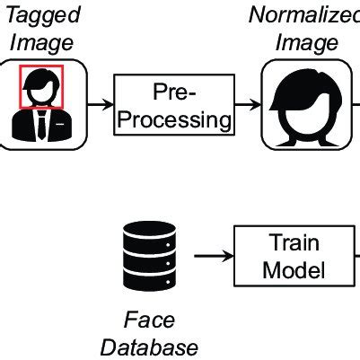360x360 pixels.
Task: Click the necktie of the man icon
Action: coord(42,126)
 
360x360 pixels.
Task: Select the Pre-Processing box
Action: coord(173,105)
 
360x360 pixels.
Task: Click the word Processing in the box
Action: coord(173,119)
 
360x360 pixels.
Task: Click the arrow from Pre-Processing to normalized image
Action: coord(246,105)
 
